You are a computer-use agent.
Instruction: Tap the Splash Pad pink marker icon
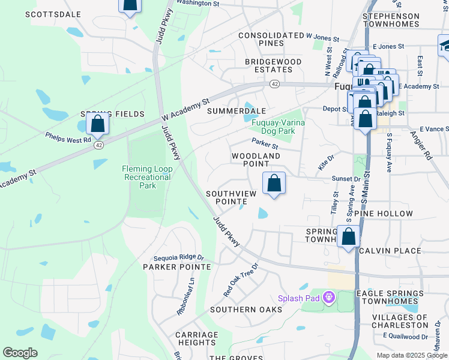328,297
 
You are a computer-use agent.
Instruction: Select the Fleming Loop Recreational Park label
147,177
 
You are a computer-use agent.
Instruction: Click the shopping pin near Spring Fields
97,124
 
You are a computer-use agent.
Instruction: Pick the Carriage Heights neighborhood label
197,338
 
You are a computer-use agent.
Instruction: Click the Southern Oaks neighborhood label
246,309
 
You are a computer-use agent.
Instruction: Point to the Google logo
20,353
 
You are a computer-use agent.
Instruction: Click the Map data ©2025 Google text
412,355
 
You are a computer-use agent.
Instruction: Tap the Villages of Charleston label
409,321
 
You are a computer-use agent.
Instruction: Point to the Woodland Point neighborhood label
256,160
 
